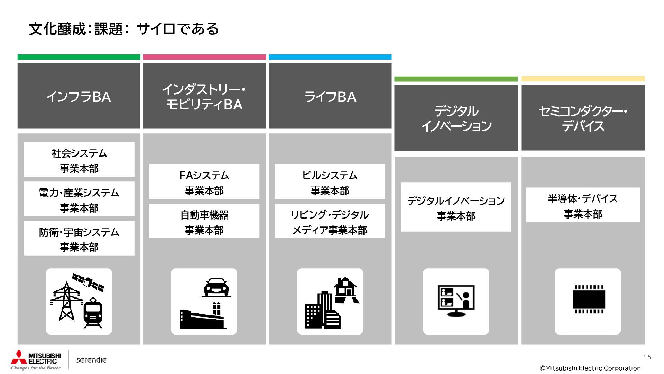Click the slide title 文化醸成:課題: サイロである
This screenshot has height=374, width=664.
(124, 29)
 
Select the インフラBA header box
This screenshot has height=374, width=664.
(79, 96)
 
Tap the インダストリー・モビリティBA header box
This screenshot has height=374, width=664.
(204, 96)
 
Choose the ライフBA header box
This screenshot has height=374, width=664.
(330, 96)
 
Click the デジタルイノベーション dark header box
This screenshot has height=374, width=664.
(456, 118)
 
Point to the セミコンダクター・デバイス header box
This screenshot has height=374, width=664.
(583, 118)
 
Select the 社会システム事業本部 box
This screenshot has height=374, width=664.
(79, 160)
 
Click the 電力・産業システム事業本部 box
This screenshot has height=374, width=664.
(79, 199)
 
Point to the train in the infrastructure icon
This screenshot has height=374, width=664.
(93, 312)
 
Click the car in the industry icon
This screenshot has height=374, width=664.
(216, 287)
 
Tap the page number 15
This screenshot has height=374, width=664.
(647, 357)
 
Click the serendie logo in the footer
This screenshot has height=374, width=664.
(91, 360)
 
